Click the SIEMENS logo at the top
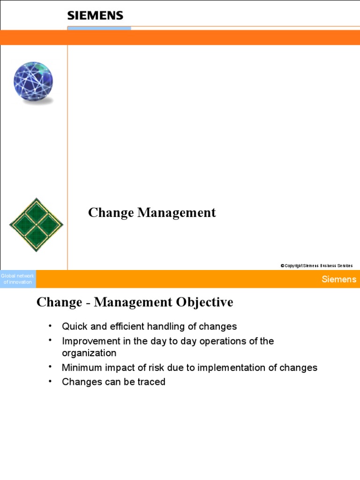pyautogui.click(x=95, y=15)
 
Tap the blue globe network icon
pyautogui.click(x=33, y=82)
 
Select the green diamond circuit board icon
pyautogui.click(x=36, y=225)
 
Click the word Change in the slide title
pyautogui.click(x=111, y=213)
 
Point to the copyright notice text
pyautogui.click(x=316, y=266)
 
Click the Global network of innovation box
pyautogui.click(x=18, y=279)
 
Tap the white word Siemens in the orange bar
pyautogui.click(x=339, y=279)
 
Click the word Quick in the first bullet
pyautogui.click(x=75, y=326)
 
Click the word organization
pyautogui.click(x=89, y=353)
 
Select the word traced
pyautogui.click(x=151, y=382)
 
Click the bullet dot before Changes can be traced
pyautogui.click(x=49, y=381)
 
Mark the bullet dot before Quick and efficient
pyautogui.click(x=49, y=325)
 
